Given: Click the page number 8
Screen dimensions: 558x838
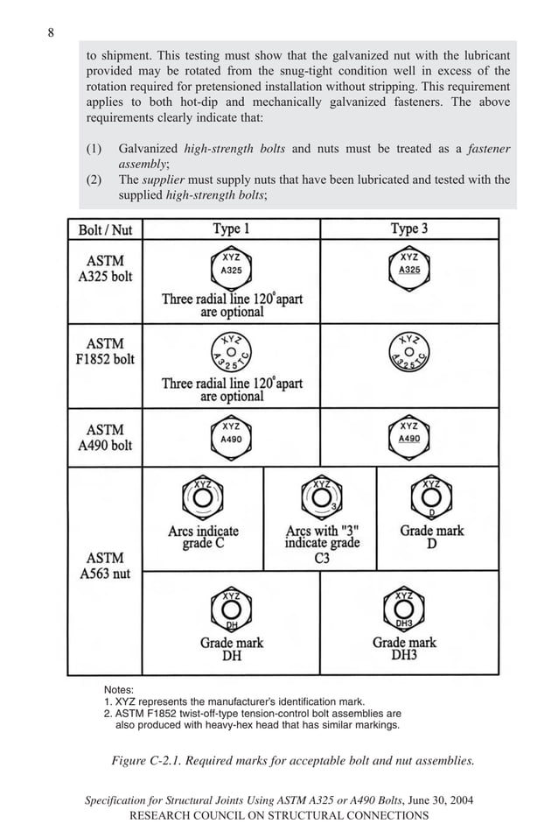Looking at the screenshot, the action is click(51, 33).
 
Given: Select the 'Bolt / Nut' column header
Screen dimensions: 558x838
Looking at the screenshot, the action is click(105, 229).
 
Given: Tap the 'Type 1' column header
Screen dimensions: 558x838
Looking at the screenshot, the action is click(232, 229).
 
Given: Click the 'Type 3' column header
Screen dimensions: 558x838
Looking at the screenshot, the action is click(409, 229).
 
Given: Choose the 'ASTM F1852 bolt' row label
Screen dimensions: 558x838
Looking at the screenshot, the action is click(105, 351).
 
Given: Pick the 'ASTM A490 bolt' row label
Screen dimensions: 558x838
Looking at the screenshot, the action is click(105, 437).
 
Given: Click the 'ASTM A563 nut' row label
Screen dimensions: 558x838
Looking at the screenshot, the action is click(105, 566).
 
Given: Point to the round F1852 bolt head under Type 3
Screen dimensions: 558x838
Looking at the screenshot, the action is click(409, 352).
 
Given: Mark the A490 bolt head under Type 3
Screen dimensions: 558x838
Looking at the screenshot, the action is click(409, 435).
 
